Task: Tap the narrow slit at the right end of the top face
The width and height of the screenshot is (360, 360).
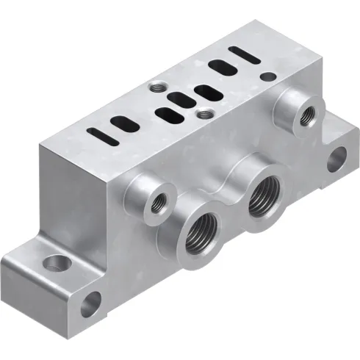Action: click(242, 54)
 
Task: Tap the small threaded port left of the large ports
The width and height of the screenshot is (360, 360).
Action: click(156, 202)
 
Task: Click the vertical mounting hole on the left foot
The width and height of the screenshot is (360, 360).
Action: click(56, 262)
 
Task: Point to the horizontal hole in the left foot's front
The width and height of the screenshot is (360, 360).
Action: click(90, 303)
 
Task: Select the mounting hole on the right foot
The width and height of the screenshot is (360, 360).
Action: click(336, 157)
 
